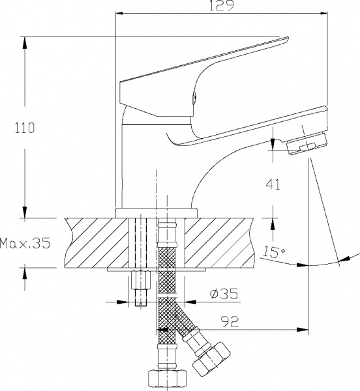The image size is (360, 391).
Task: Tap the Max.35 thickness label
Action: point(25,244)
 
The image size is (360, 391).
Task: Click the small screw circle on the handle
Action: point(192,100)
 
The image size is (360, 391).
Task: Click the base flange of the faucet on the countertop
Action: point(157,212)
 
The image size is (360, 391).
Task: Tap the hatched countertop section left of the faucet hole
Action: point(98,241)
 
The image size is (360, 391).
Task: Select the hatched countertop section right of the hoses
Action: point(222,241)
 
